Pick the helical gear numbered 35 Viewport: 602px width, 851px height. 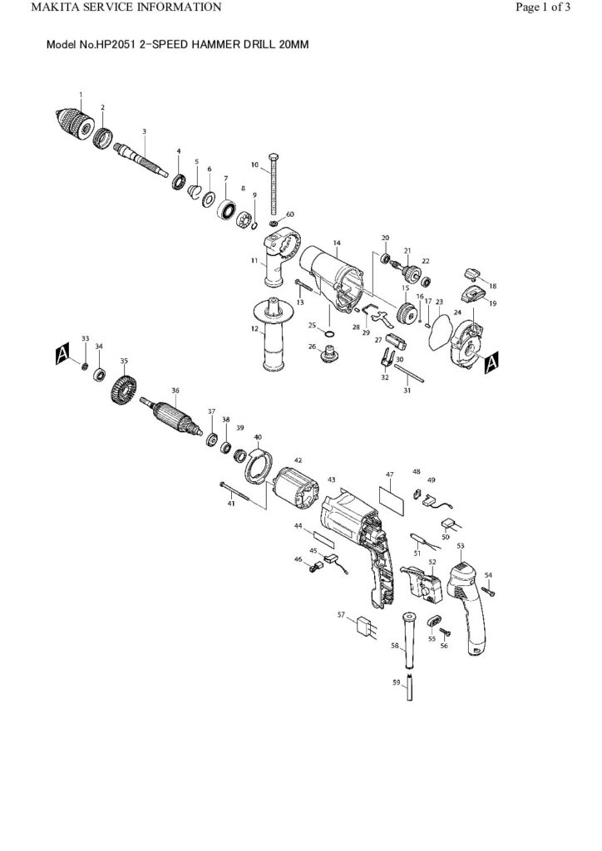click(x=123, y=389)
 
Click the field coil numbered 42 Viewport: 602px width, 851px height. click(x=296, y=490)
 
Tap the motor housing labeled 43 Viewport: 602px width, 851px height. click(x=358, y=540)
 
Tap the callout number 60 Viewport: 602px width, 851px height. click(x=289, y=214)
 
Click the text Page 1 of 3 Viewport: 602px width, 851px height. click(x=543, y=7)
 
